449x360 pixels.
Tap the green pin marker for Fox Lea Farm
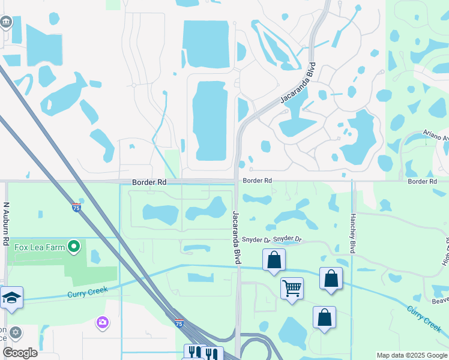(x=74, y=247)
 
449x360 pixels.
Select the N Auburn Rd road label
(x=7, y=223)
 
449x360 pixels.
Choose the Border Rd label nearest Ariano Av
(x=421, y=181)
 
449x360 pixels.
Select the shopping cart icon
(x=292, y=289)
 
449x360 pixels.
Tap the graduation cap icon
(x=11, y=298)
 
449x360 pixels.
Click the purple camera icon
(x=102, y=323)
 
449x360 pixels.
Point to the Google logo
(x=19, y=353)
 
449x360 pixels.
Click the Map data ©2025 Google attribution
(x=411, y=355)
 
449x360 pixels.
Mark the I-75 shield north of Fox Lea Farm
(x=76, y=208)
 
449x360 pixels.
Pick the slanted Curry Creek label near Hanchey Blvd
(x=424, y=320)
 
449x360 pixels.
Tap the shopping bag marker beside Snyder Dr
(x=274, y=260)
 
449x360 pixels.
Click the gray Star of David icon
(x=16, y=332)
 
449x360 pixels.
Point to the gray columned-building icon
(x=6, y=22)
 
